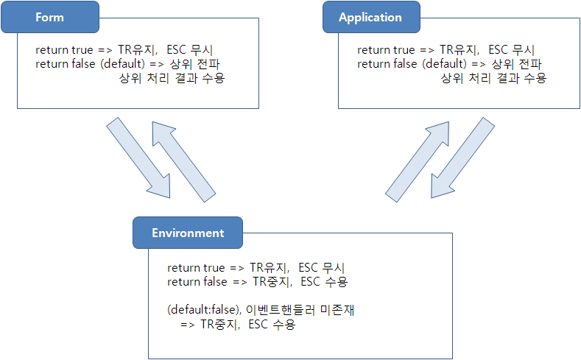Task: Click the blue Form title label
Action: tap(50, 18)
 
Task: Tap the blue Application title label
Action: tap(370, 18)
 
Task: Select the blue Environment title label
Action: tap(187, 233)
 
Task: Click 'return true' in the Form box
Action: tap(64, 50)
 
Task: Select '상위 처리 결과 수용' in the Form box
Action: tap(172, 78)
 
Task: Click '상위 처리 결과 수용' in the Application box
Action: tap(493, 78)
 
